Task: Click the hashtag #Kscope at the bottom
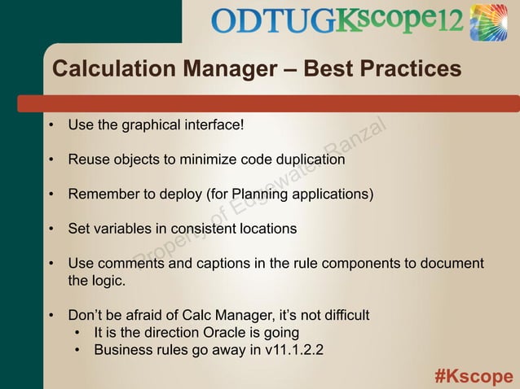pyautogui.click(x=474, y=376)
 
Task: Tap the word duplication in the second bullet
pyautogui.click(x=311, y=160)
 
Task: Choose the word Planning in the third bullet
pyautogui.click(x=262, y=194)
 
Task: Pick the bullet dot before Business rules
pyautogui.click(x=77, y=352)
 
